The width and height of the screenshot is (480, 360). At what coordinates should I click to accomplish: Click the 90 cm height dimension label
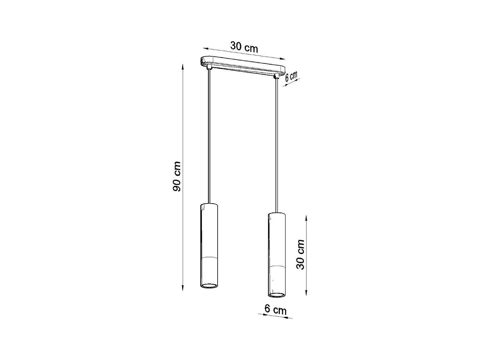tap(177, 177)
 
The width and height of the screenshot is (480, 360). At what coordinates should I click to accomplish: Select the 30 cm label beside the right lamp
tap(300, 254)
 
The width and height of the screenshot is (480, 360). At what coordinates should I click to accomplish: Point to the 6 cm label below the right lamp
tap(275, 309)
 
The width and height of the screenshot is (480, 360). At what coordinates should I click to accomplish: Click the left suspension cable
tap(209, 134)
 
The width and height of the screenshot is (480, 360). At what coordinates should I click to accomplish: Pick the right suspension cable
tap(276, 144)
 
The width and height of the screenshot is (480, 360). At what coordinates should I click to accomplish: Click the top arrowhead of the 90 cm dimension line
tap(183, 66)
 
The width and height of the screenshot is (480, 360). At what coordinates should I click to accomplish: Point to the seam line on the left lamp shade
tap(209, 257)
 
